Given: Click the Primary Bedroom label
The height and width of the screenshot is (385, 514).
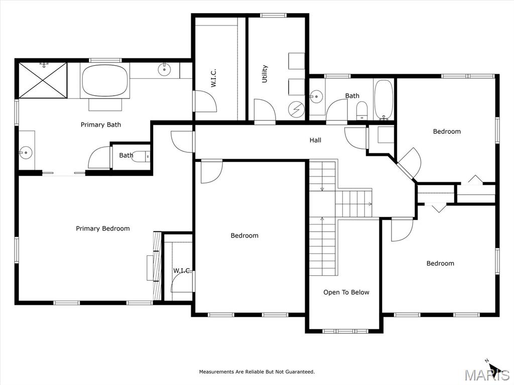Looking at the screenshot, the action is (x=102, y=229).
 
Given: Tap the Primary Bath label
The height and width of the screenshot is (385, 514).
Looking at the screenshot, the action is (x=100, y=125).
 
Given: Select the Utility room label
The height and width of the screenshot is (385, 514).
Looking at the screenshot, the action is (x=265, y=74).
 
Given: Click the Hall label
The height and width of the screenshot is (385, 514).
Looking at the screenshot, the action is (x=315, y=140).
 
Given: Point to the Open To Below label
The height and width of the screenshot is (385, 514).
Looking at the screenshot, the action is (x=346, y=292).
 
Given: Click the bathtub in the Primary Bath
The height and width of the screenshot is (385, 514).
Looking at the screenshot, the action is (x=104, y=81).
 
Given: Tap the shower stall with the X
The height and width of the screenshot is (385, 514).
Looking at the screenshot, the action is (x=43, y=80).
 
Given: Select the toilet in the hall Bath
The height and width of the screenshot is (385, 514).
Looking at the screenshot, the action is (x=362, y=111).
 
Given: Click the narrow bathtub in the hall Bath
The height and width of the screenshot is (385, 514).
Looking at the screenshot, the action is (x=383, y=99).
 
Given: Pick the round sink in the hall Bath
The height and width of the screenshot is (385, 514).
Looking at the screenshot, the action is (x=316, y=96).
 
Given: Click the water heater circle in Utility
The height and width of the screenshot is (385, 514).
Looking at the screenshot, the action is (x=296, y=109).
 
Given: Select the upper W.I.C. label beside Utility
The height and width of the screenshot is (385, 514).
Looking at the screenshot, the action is (x=213, y=78).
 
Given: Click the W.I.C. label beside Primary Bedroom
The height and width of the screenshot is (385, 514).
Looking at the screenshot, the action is (x=182, y=271).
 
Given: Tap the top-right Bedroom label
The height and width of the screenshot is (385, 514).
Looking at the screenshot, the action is (x=447, y=132).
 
